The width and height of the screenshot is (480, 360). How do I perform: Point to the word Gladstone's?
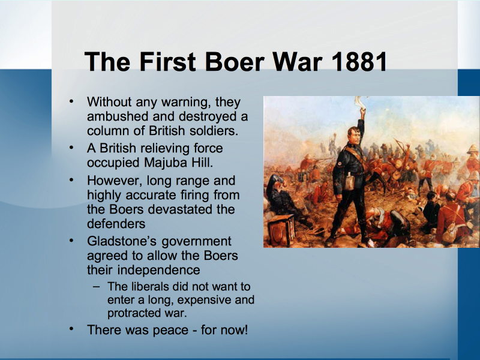[122, 241]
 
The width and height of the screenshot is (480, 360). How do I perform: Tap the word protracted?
[132, 313]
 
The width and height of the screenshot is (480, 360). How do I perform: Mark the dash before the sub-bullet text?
[96, 287]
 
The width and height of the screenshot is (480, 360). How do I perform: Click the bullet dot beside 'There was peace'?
[71, 328]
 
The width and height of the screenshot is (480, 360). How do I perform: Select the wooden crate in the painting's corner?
[281, 230]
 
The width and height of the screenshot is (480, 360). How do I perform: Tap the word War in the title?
[297, 62]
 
